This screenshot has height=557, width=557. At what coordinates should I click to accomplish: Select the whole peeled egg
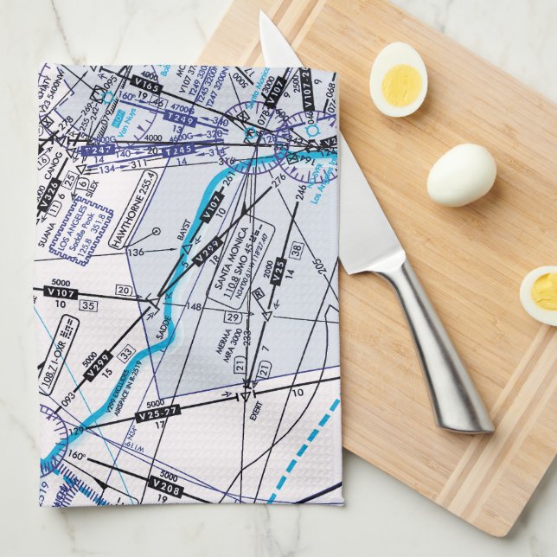pyautogui.click(x=461, y=174)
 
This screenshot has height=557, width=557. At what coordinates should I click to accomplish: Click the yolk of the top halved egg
pyautogui.click(x=400, y=83)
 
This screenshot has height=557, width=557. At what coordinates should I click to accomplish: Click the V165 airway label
pyautogui.click(x=148, y=86)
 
